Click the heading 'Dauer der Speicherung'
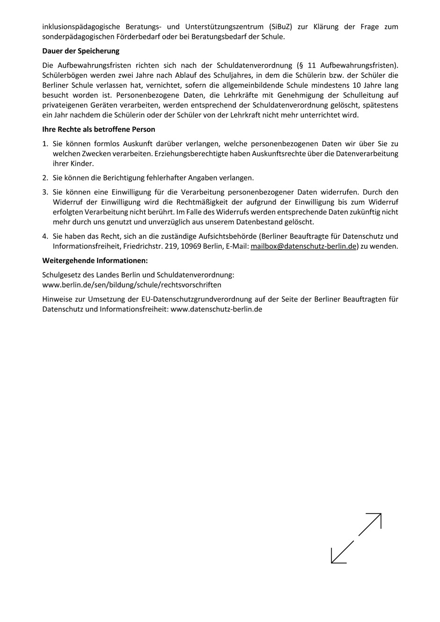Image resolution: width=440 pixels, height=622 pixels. [x=81, y=51]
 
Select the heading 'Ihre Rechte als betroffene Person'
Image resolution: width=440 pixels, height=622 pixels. [x=99, y=129]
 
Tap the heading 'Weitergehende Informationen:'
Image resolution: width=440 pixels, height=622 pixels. [x=95, y=260]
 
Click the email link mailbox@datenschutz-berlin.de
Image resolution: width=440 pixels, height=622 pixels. [x=303, y=246]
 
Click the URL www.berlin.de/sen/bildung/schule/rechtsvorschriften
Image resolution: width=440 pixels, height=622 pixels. [x=132, y=285]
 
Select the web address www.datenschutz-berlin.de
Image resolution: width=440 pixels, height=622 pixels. [x=216, y=309]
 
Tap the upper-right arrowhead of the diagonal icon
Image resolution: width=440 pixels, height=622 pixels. [x=377, y=517]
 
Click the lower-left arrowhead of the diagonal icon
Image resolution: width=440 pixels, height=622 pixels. [x=335, y=559]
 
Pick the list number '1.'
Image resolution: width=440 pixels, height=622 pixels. [x=45, y=144]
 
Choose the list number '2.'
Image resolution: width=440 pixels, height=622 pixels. [x=45, y=178]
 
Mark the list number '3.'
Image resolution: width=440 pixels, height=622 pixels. [x=45, y=192]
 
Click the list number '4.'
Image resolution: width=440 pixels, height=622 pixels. [x=45, y=237]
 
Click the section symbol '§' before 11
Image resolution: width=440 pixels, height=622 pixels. [x=300, y=65]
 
